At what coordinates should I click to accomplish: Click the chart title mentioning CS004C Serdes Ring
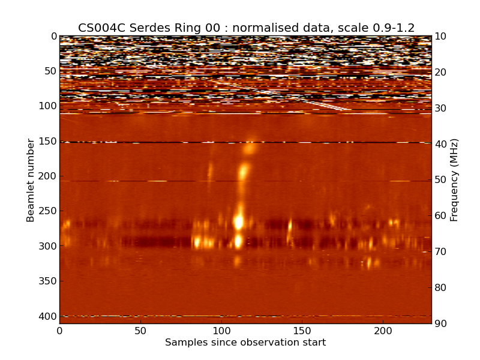coord(246,28)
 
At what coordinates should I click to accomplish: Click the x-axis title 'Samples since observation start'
coord(245,343)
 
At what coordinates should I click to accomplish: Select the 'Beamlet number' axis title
coord(31,180)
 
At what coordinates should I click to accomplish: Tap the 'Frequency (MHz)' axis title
coord(454,180)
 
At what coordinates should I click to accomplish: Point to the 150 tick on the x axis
coord(302,331)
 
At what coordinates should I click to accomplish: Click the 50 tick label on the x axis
coord(140,331)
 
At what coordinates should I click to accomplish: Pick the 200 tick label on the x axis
coord(383,331)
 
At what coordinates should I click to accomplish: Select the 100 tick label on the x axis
coord(221,331)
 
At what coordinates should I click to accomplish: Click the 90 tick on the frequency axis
coord(441,324)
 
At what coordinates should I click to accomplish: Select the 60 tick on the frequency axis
coord(441,216)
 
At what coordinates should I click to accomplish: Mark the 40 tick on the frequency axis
coord(441,144)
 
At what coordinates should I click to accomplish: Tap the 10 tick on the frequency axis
coord(441,37)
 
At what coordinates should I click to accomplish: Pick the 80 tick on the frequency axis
coord(441,288)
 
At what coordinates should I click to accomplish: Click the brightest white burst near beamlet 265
coord(239,221)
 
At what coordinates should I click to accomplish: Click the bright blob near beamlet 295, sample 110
coord(238,242)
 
